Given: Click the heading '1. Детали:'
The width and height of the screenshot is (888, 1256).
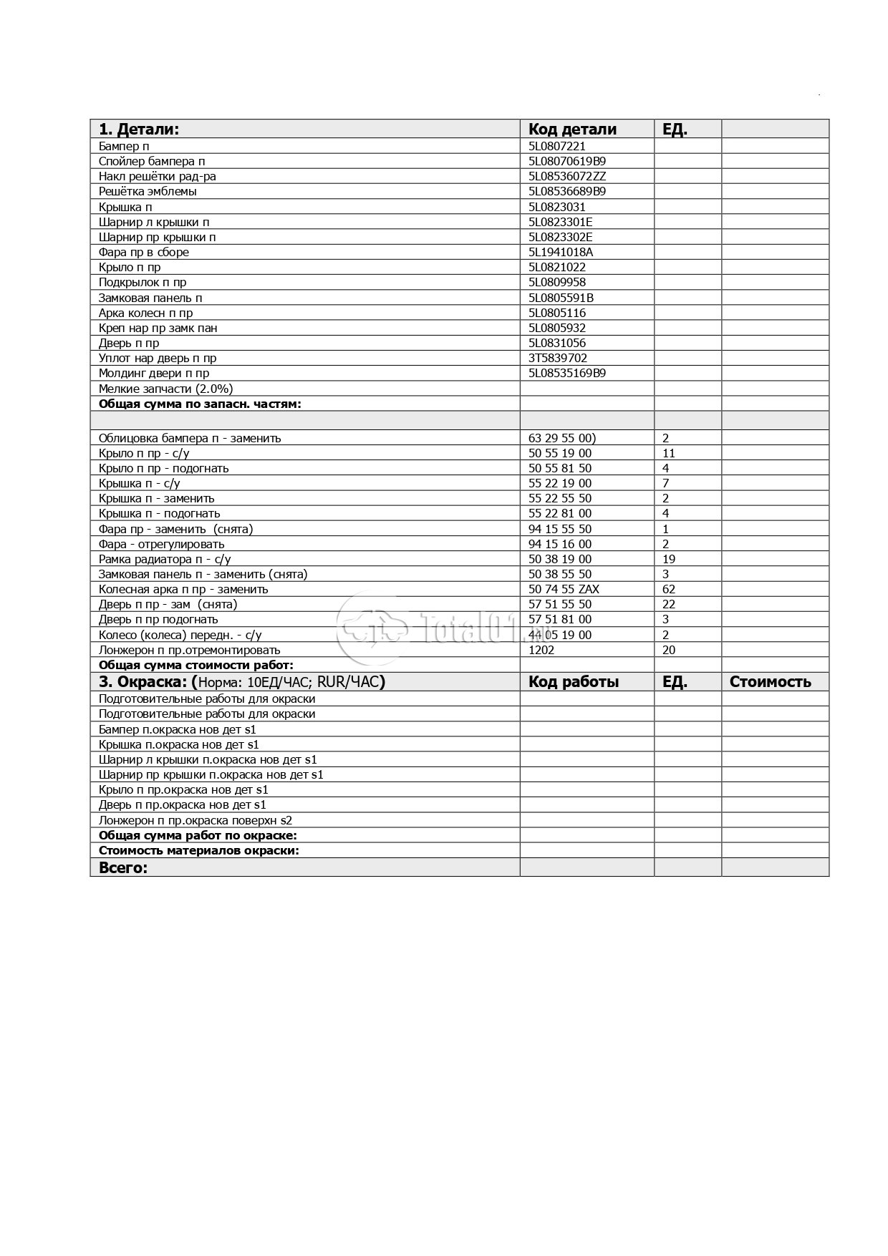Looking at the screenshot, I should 139,130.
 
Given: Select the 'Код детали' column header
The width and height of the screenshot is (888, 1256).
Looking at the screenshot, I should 572,130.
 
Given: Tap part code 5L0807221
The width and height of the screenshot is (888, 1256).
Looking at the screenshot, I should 557,146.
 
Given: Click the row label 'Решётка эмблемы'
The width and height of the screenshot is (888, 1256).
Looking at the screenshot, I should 148,191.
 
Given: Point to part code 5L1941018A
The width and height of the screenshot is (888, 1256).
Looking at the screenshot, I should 561,252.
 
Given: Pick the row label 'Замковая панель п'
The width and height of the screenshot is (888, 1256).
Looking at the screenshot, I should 150,298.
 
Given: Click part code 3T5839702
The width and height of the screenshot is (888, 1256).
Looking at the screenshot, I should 558,358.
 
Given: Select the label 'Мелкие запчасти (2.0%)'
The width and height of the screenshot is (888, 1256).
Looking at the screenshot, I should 166,389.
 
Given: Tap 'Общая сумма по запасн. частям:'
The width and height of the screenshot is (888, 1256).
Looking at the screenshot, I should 200,404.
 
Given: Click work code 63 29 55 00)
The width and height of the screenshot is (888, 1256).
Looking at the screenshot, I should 562,438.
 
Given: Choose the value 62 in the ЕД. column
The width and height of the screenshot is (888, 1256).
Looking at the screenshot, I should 669,589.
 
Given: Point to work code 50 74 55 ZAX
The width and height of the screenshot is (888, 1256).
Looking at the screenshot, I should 564,589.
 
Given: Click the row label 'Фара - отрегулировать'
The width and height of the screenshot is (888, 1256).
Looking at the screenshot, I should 162,544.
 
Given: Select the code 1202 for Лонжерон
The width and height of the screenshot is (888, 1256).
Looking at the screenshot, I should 541,650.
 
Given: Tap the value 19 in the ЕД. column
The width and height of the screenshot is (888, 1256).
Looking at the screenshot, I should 669,559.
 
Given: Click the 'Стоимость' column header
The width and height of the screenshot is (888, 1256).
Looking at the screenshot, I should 770,682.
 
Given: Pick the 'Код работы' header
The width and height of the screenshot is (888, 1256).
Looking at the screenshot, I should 574,682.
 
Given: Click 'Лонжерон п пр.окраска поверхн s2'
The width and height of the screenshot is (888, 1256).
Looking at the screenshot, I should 196,820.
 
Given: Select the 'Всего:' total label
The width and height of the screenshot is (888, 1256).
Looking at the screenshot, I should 123,868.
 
